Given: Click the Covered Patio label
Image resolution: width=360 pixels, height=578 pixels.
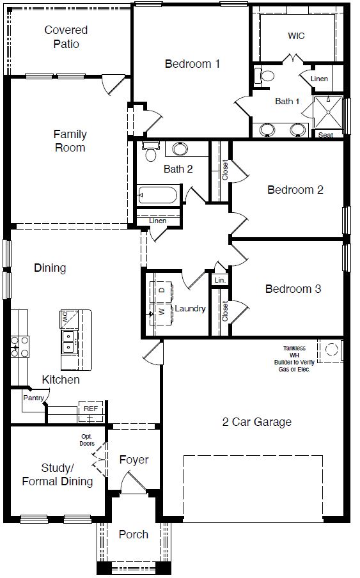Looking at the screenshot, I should pos(66,37).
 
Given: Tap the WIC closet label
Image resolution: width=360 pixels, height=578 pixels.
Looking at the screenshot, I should pos(296,36).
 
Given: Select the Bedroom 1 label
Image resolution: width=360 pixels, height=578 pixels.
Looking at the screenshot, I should pos(192,64).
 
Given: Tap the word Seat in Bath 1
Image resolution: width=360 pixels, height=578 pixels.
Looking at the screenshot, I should pos(326,135).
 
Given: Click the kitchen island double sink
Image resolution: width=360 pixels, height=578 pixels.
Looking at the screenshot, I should pos(67,342).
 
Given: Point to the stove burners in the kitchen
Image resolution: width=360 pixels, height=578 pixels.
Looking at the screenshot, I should pos(19,346).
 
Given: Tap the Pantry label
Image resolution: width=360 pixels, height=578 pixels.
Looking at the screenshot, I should pos(33,398).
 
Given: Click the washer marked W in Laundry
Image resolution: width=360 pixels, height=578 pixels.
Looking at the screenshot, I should pos(161,313).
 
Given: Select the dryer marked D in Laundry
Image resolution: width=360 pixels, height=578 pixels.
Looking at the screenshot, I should pos(161,290).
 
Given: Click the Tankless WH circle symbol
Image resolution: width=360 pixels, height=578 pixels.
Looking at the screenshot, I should pos(333,349).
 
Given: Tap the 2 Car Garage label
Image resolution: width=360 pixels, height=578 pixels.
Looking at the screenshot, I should pos(256,422).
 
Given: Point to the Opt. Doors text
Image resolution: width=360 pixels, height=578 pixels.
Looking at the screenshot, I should pos(87,439).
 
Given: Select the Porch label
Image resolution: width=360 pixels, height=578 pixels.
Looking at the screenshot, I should pos(134,535).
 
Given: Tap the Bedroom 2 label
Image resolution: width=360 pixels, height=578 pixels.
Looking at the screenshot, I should pos(295,190).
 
